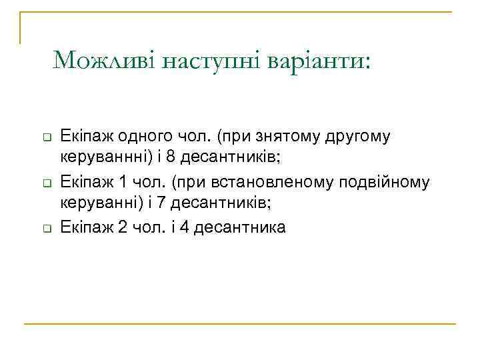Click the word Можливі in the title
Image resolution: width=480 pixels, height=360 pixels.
click(105, 61)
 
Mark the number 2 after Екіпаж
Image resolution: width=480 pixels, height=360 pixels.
click(122, 227)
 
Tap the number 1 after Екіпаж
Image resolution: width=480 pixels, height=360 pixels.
click(122, 182)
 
